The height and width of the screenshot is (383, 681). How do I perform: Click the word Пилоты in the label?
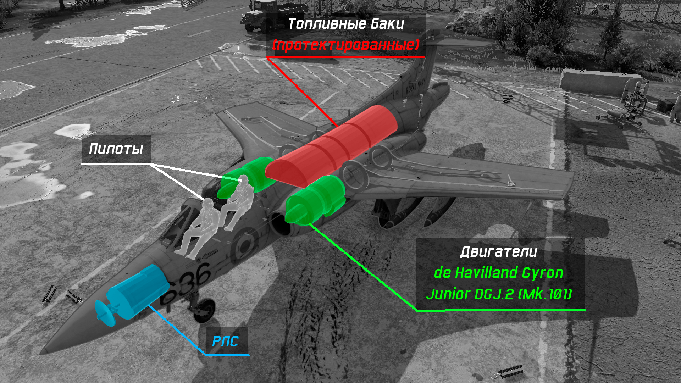coord(116,149)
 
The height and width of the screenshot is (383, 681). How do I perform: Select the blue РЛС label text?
coord(225,342)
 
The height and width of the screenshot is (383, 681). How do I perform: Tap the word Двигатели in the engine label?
coord(498,252)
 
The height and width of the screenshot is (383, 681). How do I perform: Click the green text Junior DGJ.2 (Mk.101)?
coord(499,294)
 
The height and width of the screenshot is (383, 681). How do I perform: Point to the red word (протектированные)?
coord(346,45)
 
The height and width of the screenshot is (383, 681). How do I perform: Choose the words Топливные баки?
coord(346,24)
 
